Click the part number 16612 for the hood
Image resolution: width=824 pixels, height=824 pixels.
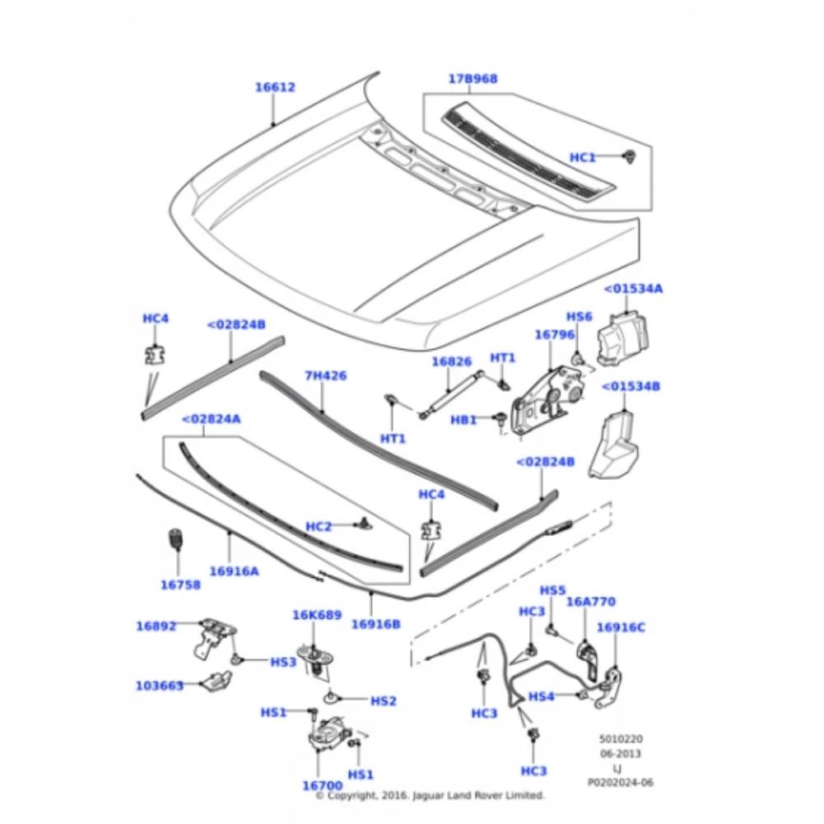click(275, 87)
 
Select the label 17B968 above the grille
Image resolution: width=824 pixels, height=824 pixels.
click(473, 79)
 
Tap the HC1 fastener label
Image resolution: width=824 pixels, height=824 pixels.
click(583, 157)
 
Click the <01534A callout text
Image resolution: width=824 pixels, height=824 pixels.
click(633, 289)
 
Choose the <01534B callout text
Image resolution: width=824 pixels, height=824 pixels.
click(631, 386)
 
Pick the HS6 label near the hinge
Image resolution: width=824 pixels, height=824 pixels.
click(579, 317)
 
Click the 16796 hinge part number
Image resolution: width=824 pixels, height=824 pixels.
click(554, 335)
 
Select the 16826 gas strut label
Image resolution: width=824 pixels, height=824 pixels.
click(452, 361)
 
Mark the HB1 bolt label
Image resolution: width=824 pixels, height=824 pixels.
click(463, 420)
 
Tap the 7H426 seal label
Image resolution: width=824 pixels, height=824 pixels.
click(325, 375)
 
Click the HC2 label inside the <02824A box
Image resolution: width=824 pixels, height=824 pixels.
click(319, 526)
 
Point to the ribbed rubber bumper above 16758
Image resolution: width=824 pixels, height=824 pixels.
click(175, 540)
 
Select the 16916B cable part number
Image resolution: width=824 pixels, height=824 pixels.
click(375, 624)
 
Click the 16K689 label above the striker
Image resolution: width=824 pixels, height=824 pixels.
click(317, 615)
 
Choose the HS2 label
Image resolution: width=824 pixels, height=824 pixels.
click(383, 701)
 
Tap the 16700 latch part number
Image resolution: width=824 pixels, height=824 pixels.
click(322, 786)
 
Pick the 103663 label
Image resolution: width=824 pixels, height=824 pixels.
click(160, 685)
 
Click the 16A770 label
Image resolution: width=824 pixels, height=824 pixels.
click(590, 602)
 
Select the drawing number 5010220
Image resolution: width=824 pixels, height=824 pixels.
click(620, 740)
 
